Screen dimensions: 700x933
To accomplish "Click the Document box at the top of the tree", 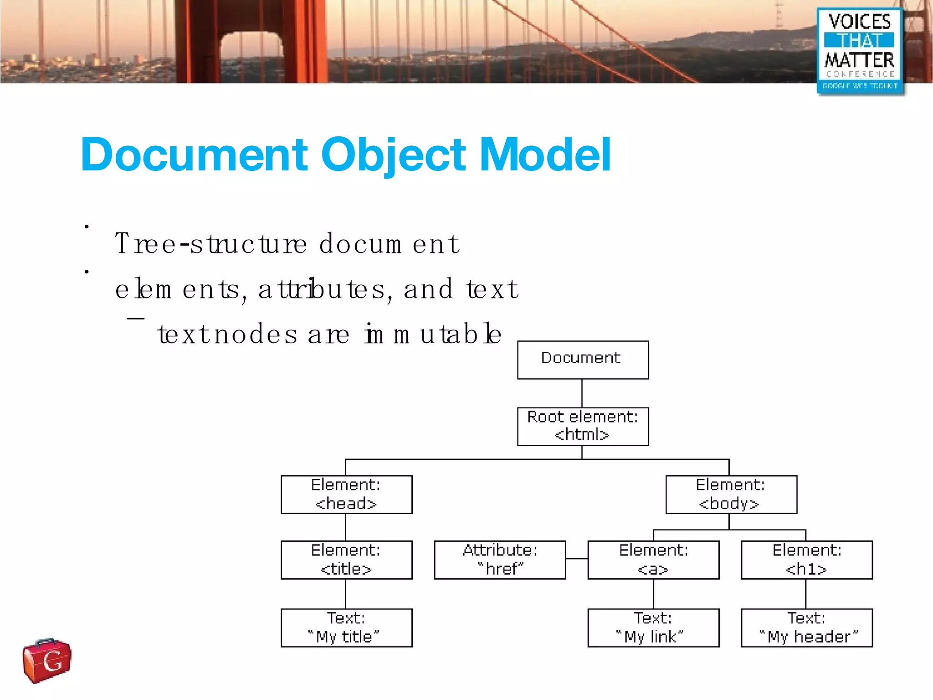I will point(583,360).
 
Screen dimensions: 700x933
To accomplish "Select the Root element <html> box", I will point(583,426).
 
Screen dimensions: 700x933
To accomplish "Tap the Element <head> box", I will point(346,494).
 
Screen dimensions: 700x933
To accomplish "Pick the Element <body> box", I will point(731,494).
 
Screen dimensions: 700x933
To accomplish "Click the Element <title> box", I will point(346,560).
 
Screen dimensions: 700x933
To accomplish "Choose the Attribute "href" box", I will point(500,560).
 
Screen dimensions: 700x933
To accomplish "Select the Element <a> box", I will point(653,560).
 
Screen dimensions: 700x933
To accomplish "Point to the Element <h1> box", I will point(806,560).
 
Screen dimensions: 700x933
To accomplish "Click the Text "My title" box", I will point(346,628).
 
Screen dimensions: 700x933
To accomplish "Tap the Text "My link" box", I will point(653,628).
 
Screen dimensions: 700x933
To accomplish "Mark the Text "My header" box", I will point(806,628).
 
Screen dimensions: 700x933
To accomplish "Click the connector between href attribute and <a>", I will point(577,559).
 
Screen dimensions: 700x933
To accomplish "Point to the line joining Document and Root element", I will point(582,393).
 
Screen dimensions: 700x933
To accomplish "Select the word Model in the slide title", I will point(545,155).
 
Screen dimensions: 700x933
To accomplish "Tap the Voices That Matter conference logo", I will point(860,51).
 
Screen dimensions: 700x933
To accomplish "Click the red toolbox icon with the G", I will point(47,660).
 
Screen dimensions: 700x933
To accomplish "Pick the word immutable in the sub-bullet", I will point(433,334).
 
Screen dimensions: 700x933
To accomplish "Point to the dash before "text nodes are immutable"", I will point(136,319).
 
